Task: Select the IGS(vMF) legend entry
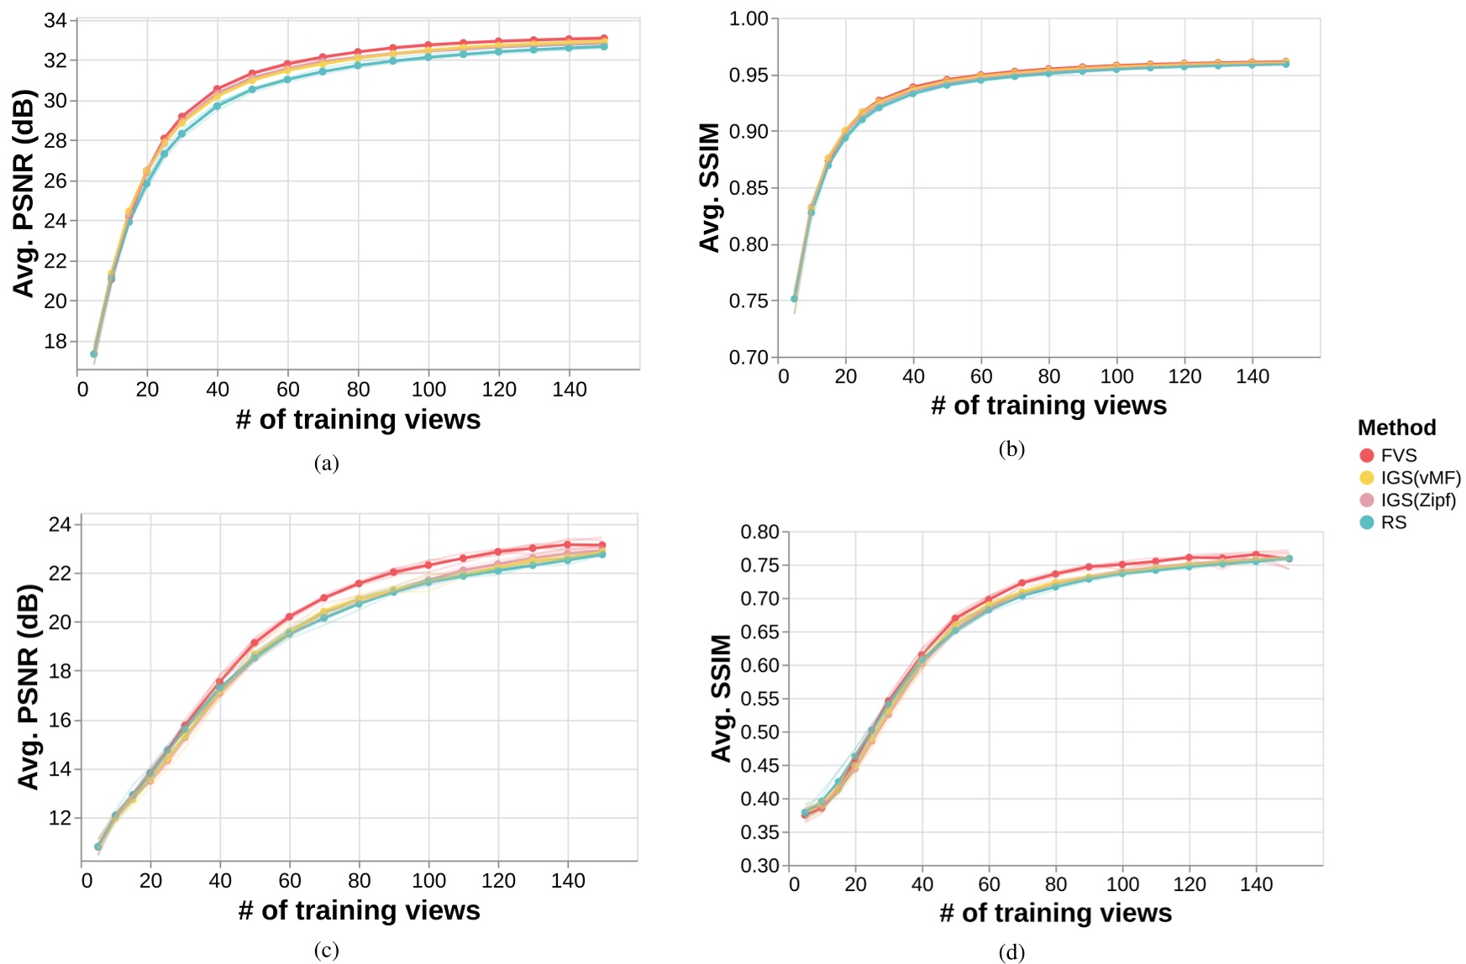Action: pyautogui.click(x=1410, y=478)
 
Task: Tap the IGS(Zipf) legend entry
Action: pyautogui.click(x=1408, y=500)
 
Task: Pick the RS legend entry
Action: pyautogui.click(x=1383, y=522)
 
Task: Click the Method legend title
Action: pyautogui.click(x=1396, y=427)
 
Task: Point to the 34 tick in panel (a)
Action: pyautogui.click(x=55, y=20)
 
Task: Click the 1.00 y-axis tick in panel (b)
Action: pyautogui.click(x=749, y=18)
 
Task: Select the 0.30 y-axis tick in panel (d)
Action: pyautogui.click(x=759, y=866)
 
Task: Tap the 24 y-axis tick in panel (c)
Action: pyautogui.click(x=60, y=525)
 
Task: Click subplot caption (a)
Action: pyautogui.click(x=326, y=463)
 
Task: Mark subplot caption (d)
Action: pyautogui.click(x=1011, y=951)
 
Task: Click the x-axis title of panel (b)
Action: pyautogui.click(x=1048, y=406)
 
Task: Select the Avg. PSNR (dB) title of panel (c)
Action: pyautogui.click(x=29, y=687)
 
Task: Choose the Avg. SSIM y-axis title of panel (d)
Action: pyautogui.click(x=721, y=698)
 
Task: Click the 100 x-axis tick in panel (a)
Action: pyautogui.click(x=428, y=390)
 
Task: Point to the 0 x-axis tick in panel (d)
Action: pyautogui.click(x=794, y=884)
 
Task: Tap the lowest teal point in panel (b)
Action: pyautogui.click(x=794, y=299)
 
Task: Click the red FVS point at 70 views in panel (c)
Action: pyautogui.click(x=323, y=598)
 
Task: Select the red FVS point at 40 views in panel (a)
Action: pyautogui.click(x=217, y=89)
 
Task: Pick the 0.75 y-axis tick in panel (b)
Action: pyautogui.click(x=749, y=301)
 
